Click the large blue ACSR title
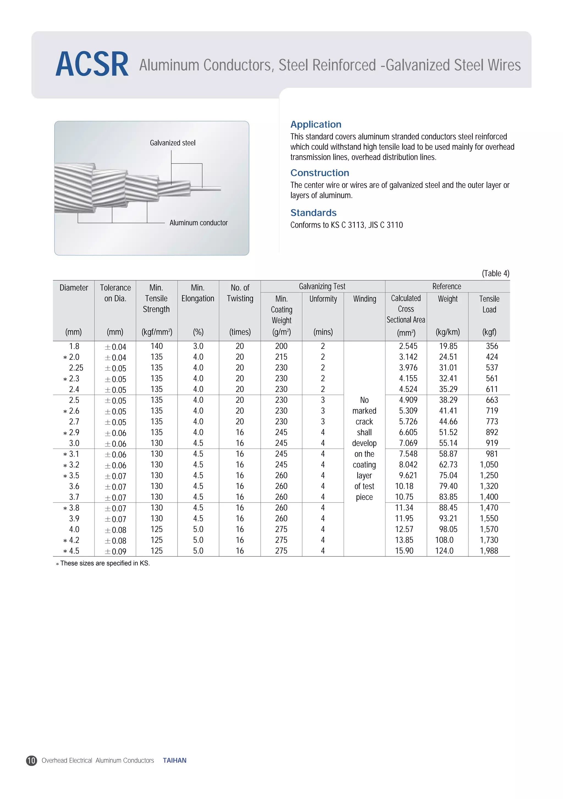(x=92, y=65)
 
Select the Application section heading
(x=316, y=124)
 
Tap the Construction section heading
(x=319, y=173)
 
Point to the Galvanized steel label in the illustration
(x=172, y=143)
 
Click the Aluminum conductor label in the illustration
(x=198, y=223)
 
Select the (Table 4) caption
(x=495, y=273)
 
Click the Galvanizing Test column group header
(x=322, y=286)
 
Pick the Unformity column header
(x=323, y=299)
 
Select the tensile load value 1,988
(x=489, y=551)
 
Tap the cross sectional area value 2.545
(x=408, y=346)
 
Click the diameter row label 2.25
(x=76, y=368)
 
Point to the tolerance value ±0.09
(x=116, y=551)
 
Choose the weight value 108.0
(x=444, y=540)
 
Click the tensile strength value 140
(x=156, y=346)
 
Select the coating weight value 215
(x=281, y=357)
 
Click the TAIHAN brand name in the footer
(x=175, y=760)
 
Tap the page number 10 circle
(x=31, y=760)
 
